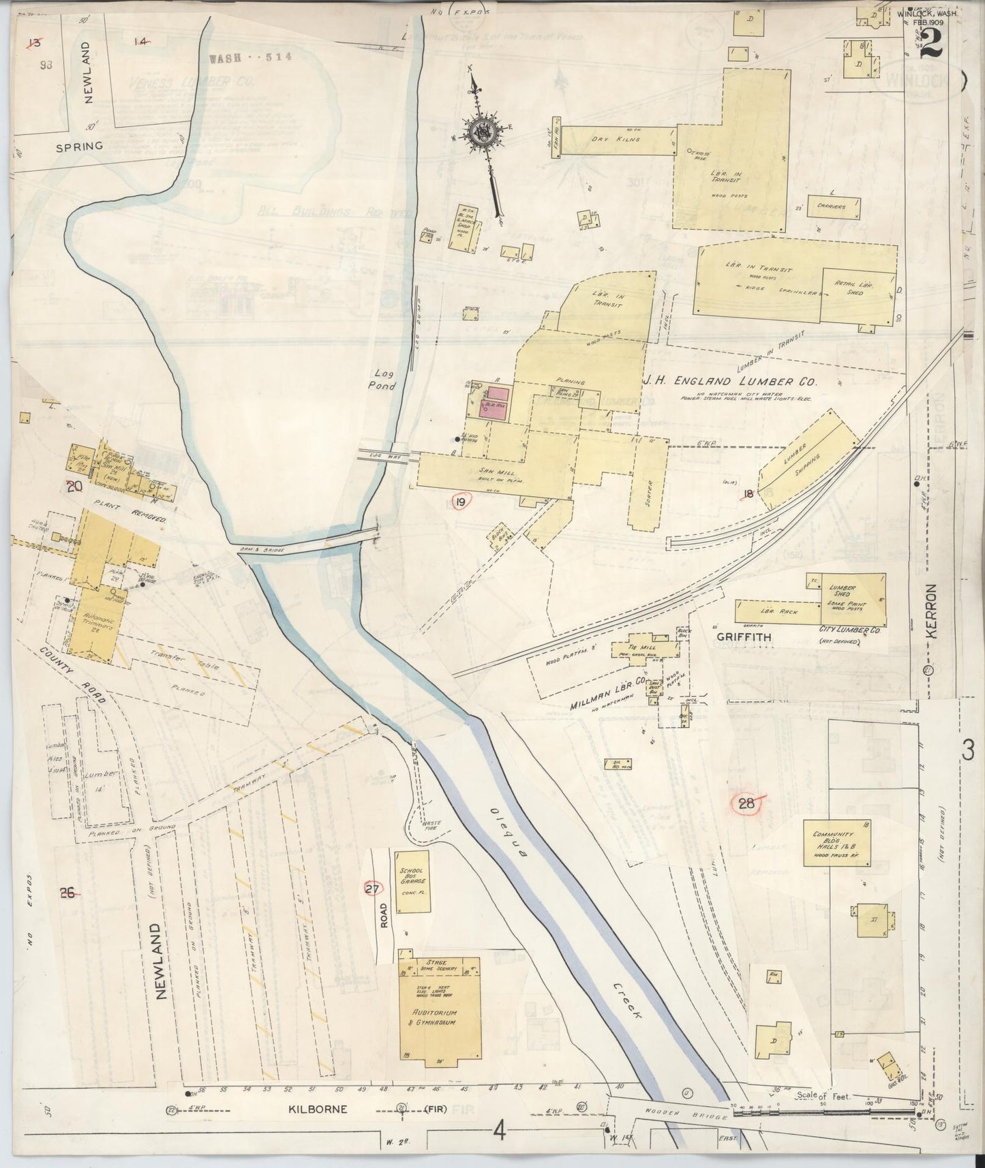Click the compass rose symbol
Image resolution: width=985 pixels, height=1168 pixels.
(485, 132)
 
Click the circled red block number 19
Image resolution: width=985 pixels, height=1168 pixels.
(461, 503)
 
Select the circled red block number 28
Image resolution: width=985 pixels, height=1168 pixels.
(746, 803)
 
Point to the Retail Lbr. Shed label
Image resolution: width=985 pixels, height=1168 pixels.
(857, 288)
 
